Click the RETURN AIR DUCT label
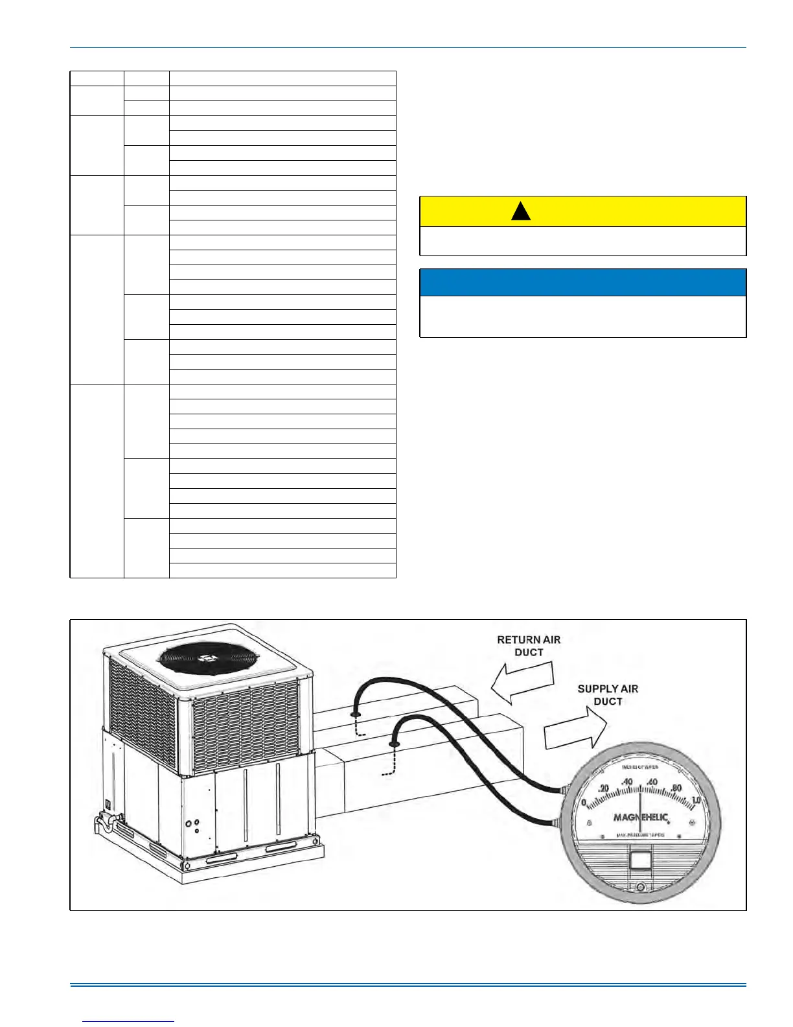(x=529, y=646)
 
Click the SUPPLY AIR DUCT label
(x=608, y=695)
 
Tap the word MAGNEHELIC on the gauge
(x=640, y=817)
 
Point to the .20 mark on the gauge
(x=603, y=788)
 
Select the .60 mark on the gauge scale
(x=652, y=783)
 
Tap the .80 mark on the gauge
(x=676, y=788)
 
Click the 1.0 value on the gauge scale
(x=696, y=800)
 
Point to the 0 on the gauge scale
(x=584, y=802)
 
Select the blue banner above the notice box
(x=583, y=283)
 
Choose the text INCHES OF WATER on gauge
(x=640, y=767)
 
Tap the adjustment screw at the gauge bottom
(x=640, y=887)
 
